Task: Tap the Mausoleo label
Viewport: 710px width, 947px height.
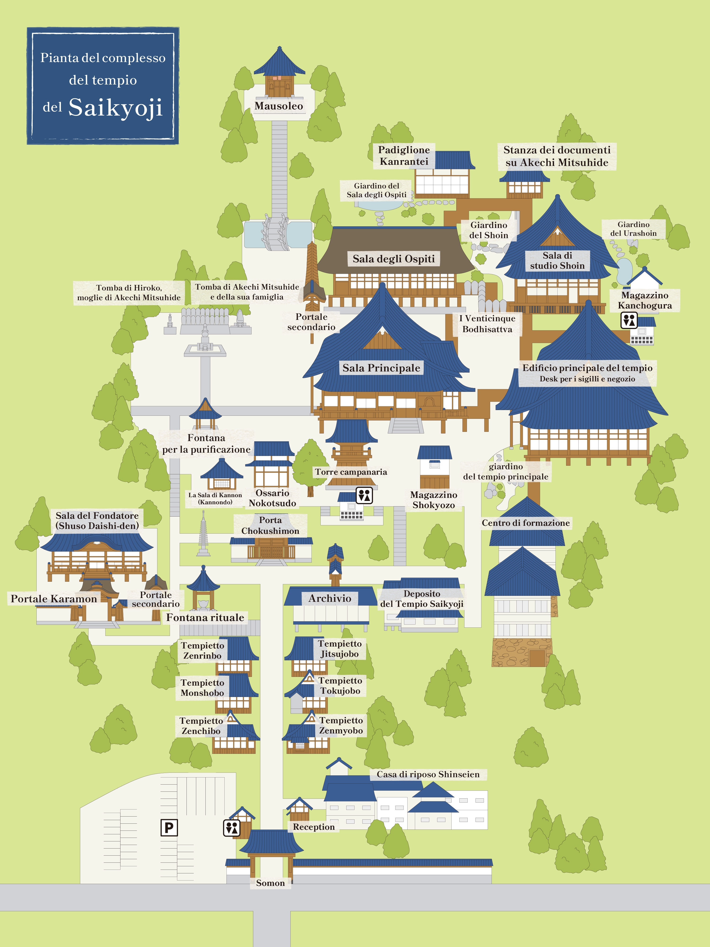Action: [x=279, y=106]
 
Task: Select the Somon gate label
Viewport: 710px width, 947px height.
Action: [x=271, y=883]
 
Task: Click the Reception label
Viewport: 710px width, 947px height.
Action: [x=314, y=827]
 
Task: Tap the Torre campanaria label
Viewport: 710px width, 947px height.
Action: [x=351, y=472]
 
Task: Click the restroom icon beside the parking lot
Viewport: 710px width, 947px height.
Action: [x=231, y=827]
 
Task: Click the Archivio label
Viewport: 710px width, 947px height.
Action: [x=330, y=598]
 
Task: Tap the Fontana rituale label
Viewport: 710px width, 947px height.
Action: [x=205, y=617]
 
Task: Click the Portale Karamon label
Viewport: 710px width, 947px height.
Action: [x=54, y=599]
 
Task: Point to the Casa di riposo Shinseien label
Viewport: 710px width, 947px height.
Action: [x=428, y=774]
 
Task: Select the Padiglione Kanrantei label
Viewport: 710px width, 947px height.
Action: [x=404, y=155]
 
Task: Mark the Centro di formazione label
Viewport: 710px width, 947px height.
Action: [x=526, y=523]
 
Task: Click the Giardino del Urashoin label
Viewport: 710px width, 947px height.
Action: [x=633, y=229]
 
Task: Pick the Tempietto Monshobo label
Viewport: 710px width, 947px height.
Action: [x=202, y=688]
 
